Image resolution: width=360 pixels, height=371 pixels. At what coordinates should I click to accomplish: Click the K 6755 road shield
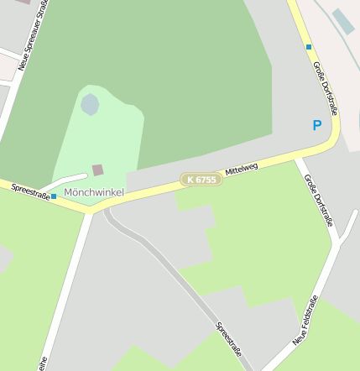click(201, 180)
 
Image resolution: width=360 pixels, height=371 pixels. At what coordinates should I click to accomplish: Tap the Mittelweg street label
click(242, 170)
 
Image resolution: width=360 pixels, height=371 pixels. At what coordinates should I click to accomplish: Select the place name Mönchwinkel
click(94, 193)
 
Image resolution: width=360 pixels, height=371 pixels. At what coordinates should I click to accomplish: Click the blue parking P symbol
click(317, 126)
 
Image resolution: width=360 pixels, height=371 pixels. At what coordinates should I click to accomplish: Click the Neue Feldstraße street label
click(305, 321)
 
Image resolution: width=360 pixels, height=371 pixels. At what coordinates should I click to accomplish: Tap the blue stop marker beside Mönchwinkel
click(54, 196)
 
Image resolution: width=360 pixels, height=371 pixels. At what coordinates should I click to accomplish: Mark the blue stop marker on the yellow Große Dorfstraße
click(309, 47)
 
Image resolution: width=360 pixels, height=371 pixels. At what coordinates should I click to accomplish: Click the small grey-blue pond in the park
click(90, 105)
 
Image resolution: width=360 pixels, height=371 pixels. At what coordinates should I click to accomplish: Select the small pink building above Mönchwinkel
click(98, 170)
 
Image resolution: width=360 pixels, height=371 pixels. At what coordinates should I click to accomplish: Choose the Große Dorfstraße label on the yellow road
click(326, 87)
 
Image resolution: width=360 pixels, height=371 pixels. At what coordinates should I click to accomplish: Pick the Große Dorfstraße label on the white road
click(319, 200)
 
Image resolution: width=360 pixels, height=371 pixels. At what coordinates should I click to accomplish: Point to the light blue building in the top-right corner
click(342, 21)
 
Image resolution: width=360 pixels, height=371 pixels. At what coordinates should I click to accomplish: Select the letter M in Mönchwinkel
click(69, 193)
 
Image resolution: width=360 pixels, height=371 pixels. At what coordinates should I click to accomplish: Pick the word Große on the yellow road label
click(319, 71)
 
